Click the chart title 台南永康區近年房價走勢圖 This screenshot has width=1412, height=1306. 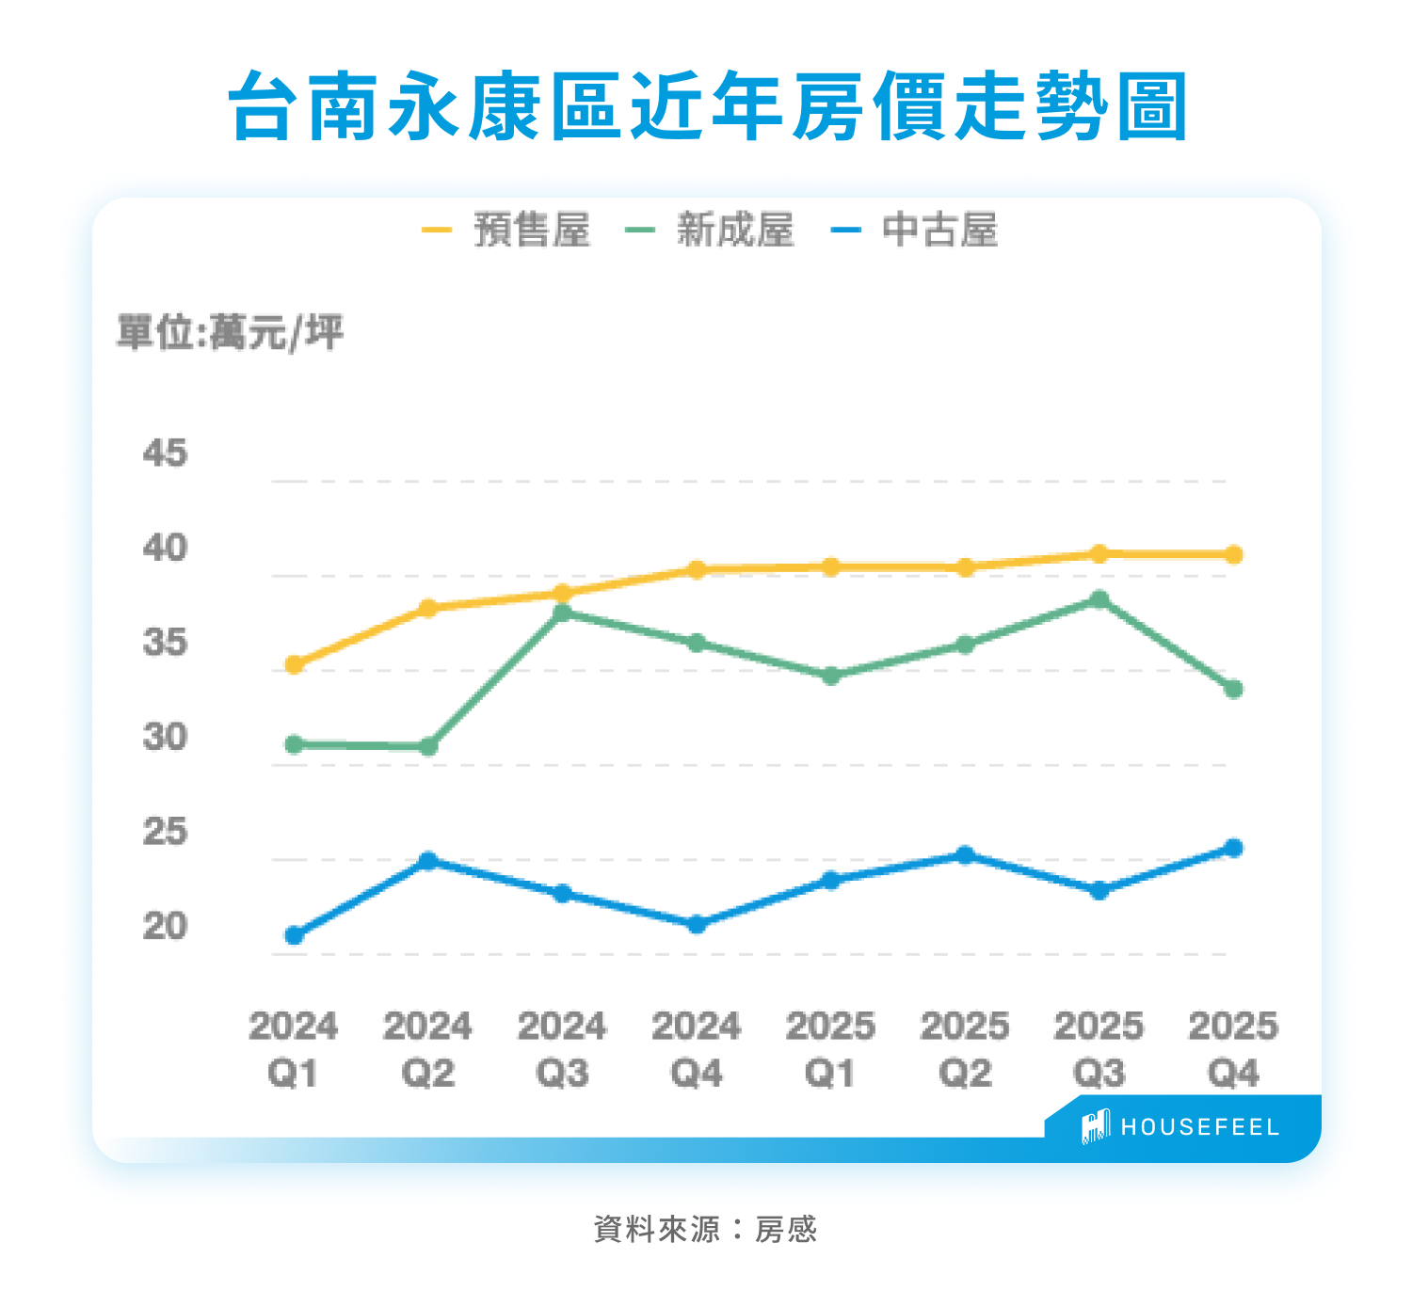(x=708, y=105)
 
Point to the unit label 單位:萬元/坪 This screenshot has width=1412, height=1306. (x=230, y=332)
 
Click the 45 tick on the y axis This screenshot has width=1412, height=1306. (x=165, y=454)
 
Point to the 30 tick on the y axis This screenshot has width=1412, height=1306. (x=165, y=737)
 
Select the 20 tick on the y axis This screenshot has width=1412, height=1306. (x=165, y=926)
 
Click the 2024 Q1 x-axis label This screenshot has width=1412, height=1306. (x=293, y=1049)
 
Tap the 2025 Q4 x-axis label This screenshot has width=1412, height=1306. (x=1233, y=1049)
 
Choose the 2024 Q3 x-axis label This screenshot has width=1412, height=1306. (x=562, y=1049)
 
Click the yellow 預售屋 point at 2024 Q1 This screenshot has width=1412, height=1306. (x=294, y=664)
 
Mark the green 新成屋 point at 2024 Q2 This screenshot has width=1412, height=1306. (x=428, y=747)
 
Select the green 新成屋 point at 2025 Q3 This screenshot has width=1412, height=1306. (x=1099, y=599)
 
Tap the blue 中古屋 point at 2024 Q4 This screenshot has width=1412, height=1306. (x=697, y=925)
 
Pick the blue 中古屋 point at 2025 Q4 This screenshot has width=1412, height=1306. (x=1233, y=848)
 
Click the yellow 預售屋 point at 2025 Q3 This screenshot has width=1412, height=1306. (x=1099, y=553)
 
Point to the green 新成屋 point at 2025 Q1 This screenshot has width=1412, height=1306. (x=830, y=677)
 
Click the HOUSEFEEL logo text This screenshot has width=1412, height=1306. (x=1199, y=1127)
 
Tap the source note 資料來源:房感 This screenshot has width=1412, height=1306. (x=705, y=1229)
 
